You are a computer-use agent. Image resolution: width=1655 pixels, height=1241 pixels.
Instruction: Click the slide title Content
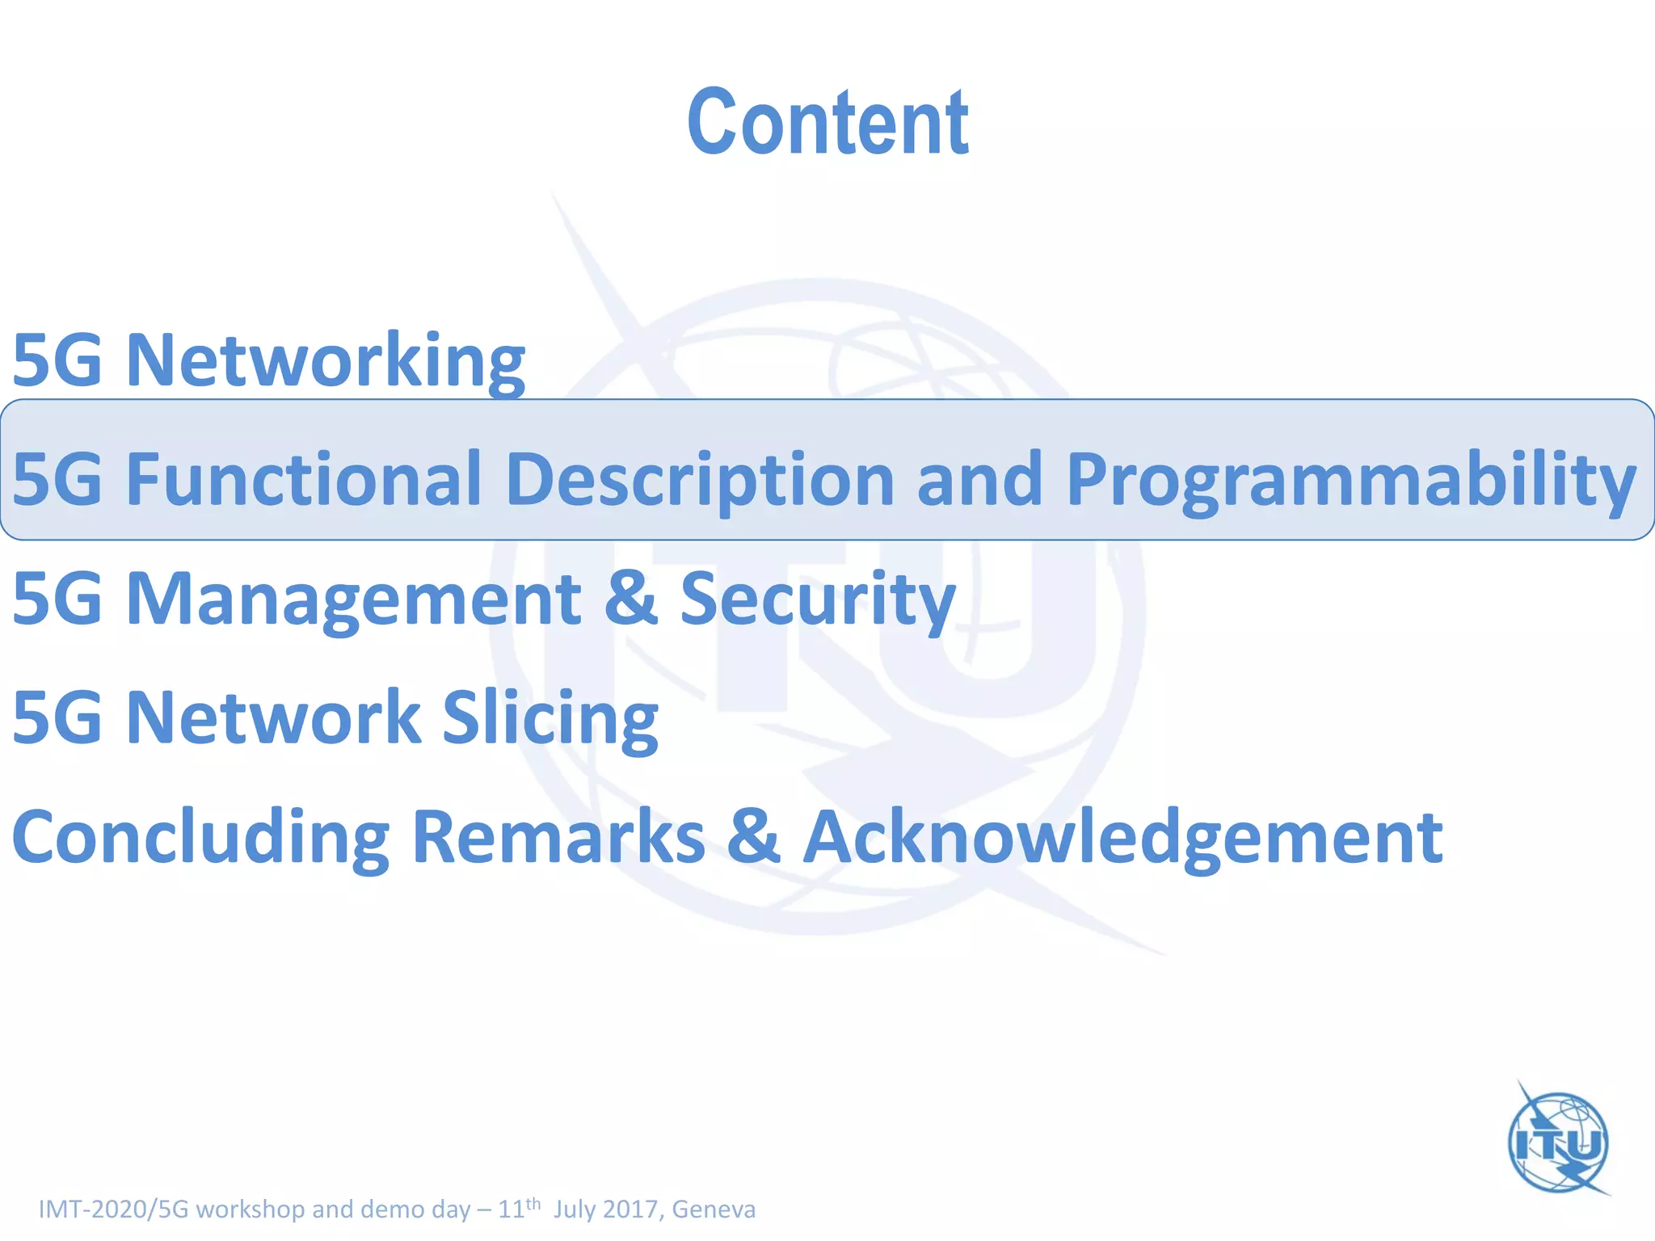click(827, 123)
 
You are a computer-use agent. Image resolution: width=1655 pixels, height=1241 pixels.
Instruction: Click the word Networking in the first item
click(325, 360)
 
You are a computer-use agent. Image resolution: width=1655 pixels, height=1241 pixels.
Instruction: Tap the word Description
click(700, 480)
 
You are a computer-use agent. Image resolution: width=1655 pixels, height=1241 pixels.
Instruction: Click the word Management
click(353, 599)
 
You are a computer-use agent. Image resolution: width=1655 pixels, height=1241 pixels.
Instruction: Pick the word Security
click(818, 599)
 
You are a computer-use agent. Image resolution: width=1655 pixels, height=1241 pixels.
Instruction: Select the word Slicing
click(550, 719)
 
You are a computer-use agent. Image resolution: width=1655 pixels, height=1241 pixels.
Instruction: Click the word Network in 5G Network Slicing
click(273, 717)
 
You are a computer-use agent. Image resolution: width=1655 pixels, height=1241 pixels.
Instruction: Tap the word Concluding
click(200, 839)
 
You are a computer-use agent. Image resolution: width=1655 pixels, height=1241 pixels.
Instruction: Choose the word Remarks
click(558, 837)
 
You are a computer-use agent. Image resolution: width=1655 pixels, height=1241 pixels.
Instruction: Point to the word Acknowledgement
click(1123, 839)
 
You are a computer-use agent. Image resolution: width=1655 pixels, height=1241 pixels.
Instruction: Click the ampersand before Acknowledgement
click(753, 837)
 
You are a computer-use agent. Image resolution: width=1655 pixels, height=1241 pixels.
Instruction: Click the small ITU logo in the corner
click(1559, 1141)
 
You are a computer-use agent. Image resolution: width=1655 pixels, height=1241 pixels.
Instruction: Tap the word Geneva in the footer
click(714, 1209)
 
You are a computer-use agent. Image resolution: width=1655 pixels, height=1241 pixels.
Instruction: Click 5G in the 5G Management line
click(57, 599)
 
